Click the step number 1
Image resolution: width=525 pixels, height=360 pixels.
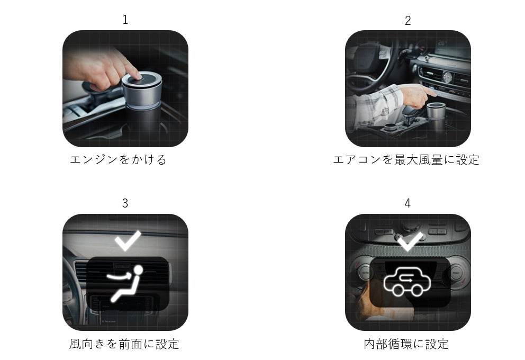point(125,20)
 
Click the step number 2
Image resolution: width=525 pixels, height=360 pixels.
point(408,21)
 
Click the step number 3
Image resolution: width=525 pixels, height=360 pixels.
point(125,203)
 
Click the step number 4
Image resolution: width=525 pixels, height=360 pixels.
point(408,203)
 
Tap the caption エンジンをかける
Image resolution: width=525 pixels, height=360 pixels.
point(118,159)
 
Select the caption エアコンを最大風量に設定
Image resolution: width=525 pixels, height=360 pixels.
point(406,160)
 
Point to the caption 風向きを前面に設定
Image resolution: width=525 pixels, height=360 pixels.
point(124,344)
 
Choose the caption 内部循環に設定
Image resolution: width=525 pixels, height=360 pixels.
point(406,344)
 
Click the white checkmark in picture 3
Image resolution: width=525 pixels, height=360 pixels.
point(128,240)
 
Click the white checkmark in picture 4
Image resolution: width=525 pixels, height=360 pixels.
point(409,241)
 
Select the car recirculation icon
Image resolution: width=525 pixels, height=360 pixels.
point(407,282)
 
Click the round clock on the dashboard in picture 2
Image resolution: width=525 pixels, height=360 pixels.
point(447,77)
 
